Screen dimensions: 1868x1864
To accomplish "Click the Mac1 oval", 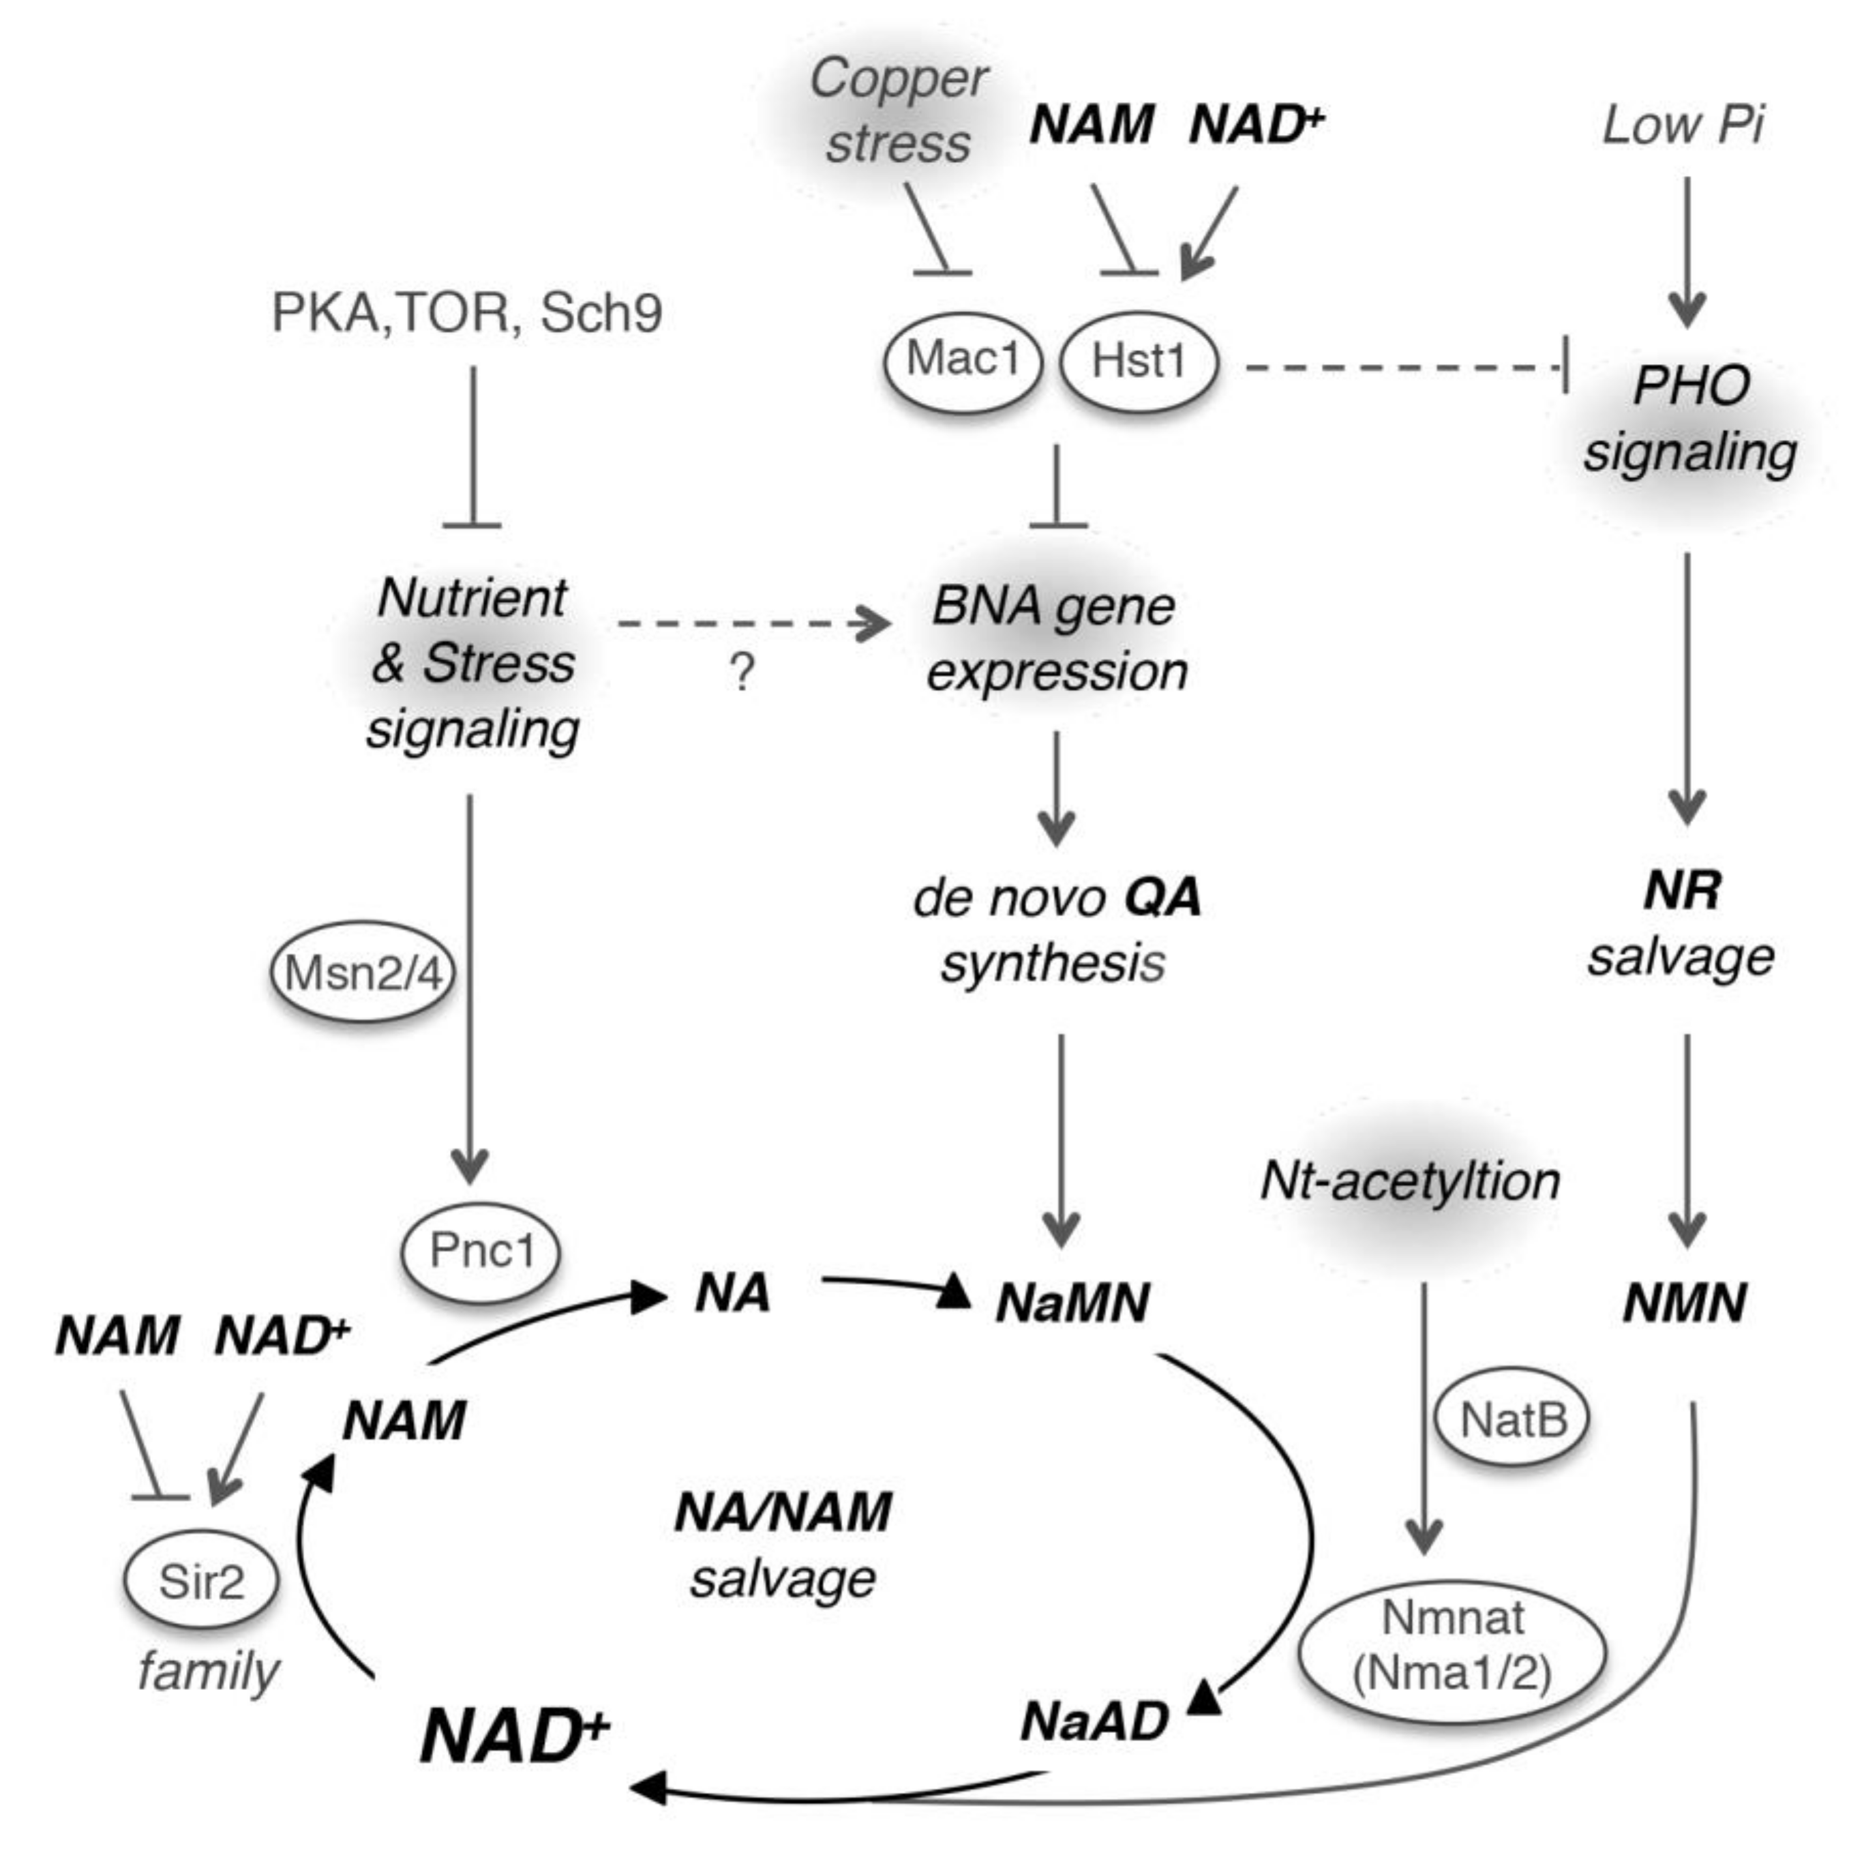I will tap(962, 361).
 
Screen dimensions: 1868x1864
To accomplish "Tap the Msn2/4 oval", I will tap(363, 973).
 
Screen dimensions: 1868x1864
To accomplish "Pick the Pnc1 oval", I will tap(481, 1251).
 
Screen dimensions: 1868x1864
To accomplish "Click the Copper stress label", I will tap(897, 111).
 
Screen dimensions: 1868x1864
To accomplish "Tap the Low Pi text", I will tap(1682, 125).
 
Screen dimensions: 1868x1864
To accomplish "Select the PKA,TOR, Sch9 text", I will tap(466, 313).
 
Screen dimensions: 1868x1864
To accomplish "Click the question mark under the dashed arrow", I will tap(740, 671).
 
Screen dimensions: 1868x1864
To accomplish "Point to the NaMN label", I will tap(1071, 1303).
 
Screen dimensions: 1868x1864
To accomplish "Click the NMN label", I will tap(1683, 1303).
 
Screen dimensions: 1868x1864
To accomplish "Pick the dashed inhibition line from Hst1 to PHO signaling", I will tap(1402, 368).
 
